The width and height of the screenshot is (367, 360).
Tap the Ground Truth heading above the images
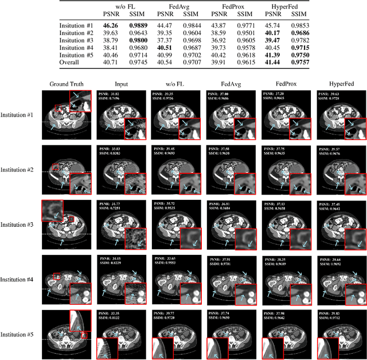pyautogui.click(x=67, y=84)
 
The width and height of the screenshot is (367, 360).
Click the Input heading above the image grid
pyautogui.click(x=122, y=84)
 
